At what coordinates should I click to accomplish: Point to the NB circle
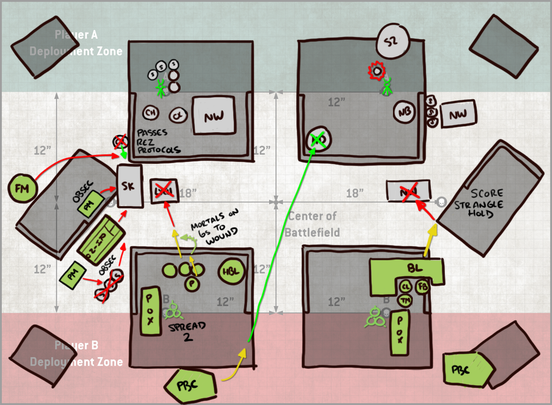tap(404, 112)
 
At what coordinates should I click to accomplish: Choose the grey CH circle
tap(151, 113)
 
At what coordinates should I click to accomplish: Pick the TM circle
tap(404, 300)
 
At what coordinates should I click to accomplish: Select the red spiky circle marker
tap(377, 70)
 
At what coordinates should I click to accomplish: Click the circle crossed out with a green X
tap(318, 140)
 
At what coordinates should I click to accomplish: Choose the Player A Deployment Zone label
tap(76, 44)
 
